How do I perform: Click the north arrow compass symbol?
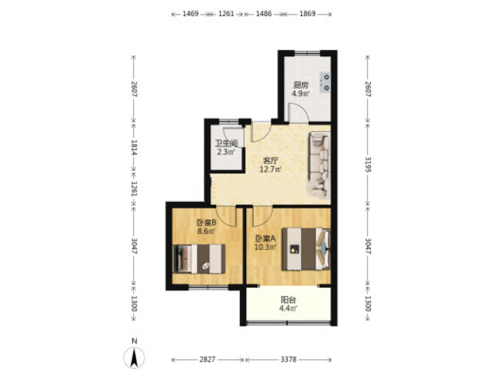tap(135, 357)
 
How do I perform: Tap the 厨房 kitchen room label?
tap(301, 85)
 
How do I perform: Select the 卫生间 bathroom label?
tap(226, 143)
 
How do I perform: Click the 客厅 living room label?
tap(271, 161)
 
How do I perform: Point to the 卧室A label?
tap(266, 239)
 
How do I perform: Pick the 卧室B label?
tap(206, 222)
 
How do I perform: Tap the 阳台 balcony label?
tap(288, 300)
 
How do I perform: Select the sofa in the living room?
tap(319, 165)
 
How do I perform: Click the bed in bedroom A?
tap(306, 249)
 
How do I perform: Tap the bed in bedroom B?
tap(198, 259)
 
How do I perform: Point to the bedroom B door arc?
tap(226, 216)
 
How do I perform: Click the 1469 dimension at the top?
tap(190, 14)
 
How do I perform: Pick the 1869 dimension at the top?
tap(307, 14)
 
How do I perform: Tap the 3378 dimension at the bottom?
tap(288, 360)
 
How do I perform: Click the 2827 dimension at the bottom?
tap(207, 360)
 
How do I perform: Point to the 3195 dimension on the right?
tap(368, 164)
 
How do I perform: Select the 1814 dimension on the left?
tap(134, 147)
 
